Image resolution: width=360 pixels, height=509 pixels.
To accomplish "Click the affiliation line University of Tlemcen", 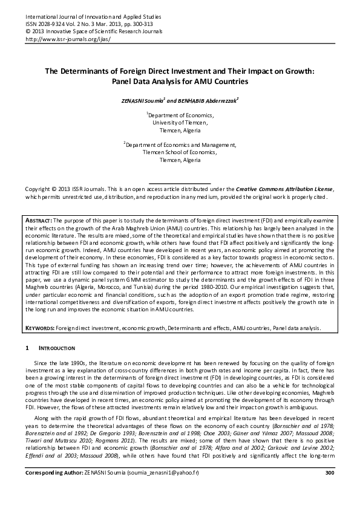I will (x=180, y=122).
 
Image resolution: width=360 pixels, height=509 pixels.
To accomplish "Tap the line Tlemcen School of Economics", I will (x=180, y=153).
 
